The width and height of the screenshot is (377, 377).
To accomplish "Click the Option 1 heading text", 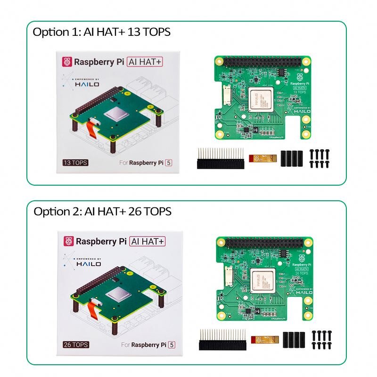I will click(101, 32).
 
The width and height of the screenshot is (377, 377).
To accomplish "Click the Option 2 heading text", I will click(102, 212).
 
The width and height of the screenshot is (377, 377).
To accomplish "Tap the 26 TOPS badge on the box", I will click(76, 344).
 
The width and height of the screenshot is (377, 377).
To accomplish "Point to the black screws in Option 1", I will click(319, 158).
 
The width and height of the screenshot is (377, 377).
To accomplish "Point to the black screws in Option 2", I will click(320, 339).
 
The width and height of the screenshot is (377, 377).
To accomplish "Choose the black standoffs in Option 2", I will click(293, 339).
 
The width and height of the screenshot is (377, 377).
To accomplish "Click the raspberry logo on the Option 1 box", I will click(67, 62).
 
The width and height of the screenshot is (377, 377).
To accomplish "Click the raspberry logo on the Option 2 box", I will click(67, 241).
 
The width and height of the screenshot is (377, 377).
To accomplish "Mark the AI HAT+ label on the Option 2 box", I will click(148, 241).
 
